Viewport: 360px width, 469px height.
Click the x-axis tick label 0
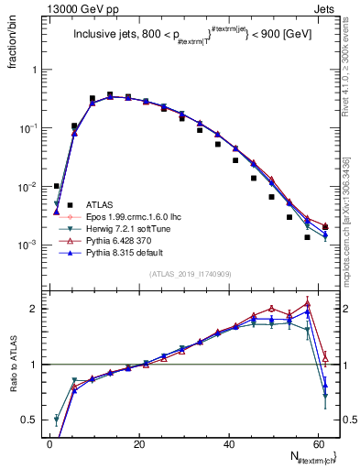49,442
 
